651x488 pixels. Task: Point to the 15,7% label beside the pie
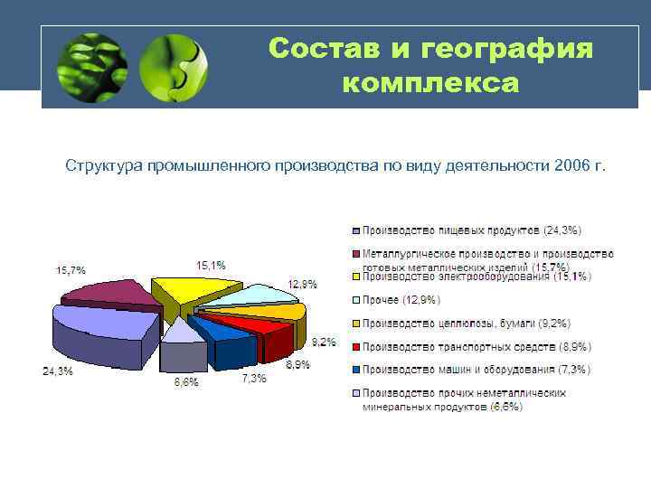pos(71,269)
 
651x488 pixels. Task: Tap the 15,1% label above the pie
pos(211,265)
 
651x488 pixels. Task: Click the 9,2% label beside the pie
pos(324,342)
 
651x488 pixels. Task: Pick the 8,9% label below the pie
pos(297,364)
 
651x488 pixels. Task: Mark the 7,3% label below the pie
pos(253,379)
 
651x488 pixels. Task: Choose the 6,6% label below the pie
pos(186,381)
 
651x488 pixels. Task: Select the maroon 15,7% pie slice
pos(113,294)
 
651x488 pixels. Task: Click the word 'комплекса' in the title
pos(431,83)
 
